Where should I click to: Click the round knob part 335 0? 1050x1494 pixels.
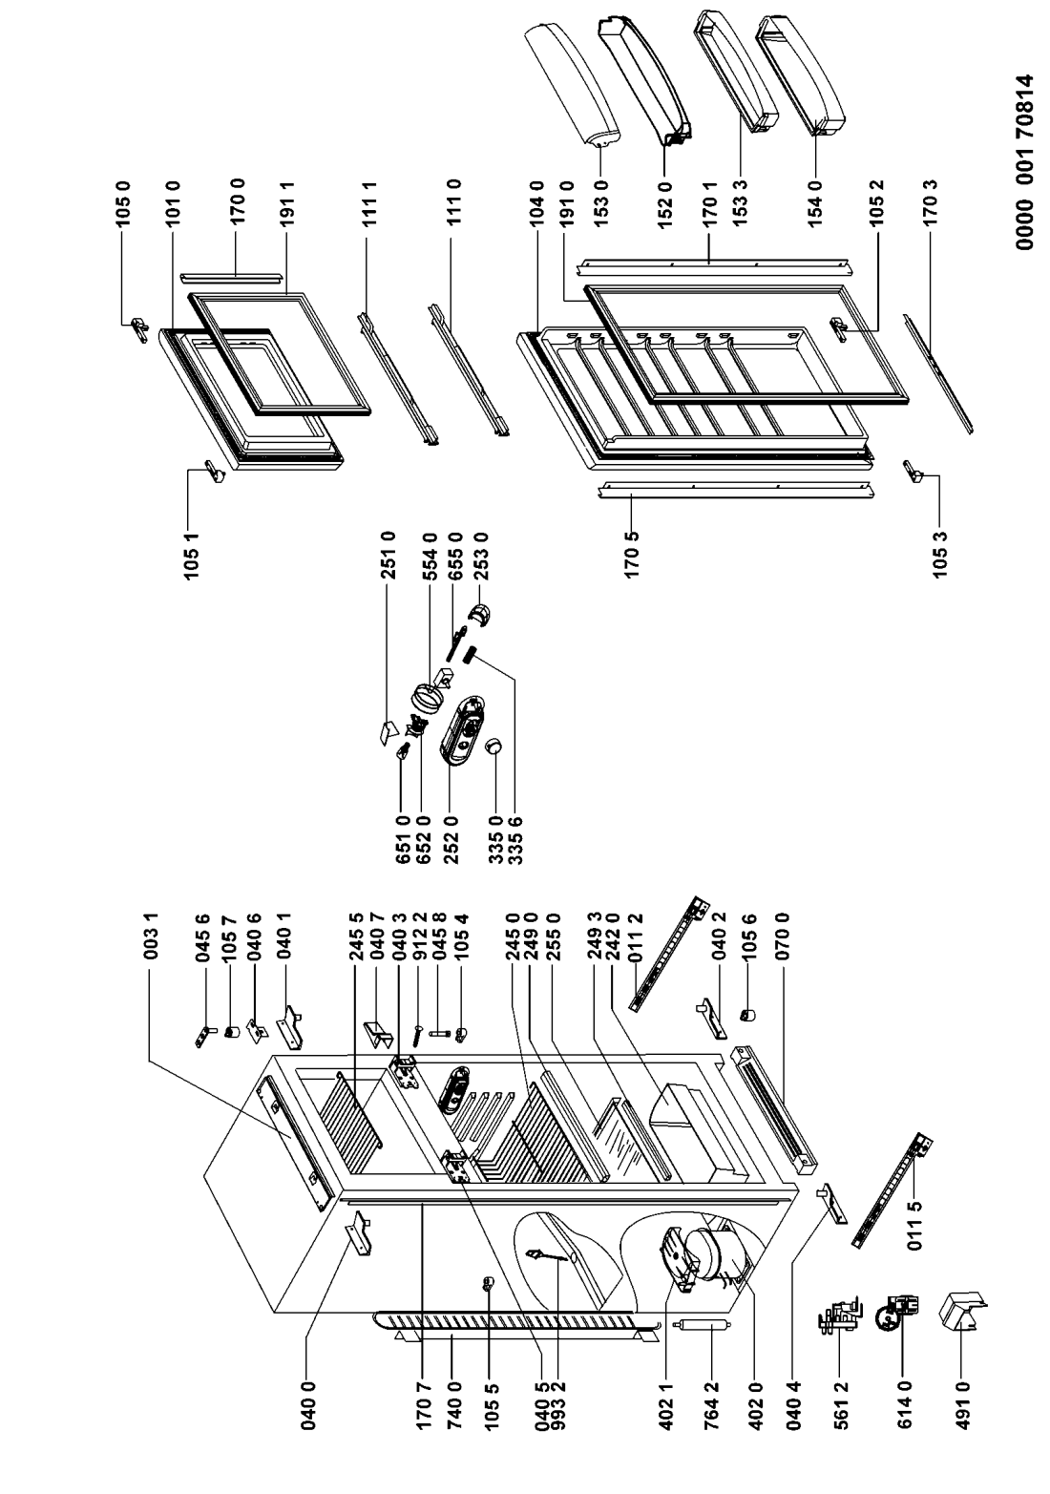point(495,747)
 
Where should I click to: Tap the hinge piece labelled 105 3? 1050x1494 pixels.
point(916,470)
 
